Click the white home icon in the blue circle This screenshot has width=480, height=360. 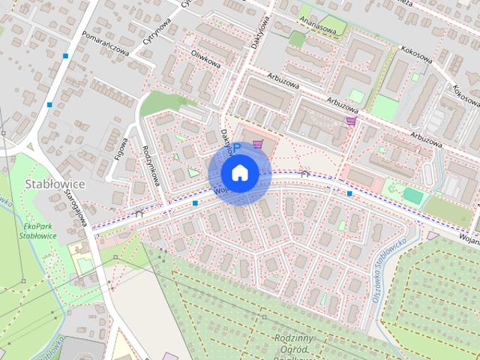[x=239, y=172]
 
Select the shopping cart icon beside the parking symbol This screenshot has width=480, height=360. [x=258, y=144]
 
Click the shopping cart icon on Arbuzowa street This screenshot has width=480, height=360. [x=350, y=120]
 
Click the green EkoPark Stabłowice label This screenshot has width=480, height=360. [x=40, y=230]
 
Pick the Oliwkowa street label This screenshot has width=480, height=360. [x=205, y=58]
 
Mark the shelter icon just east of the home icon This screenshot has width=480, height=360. [x=304, y=173]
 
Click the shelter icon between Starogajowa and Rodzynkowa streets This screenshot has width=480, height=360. [x=139, y=214]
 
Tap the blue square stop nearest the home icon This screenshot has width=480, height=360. [x=195, y=202]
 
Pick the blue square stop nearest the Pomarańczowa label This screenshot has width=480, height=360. [x=66, y=56]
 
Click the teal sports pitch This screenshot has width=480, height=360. [x=412, y=195]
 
